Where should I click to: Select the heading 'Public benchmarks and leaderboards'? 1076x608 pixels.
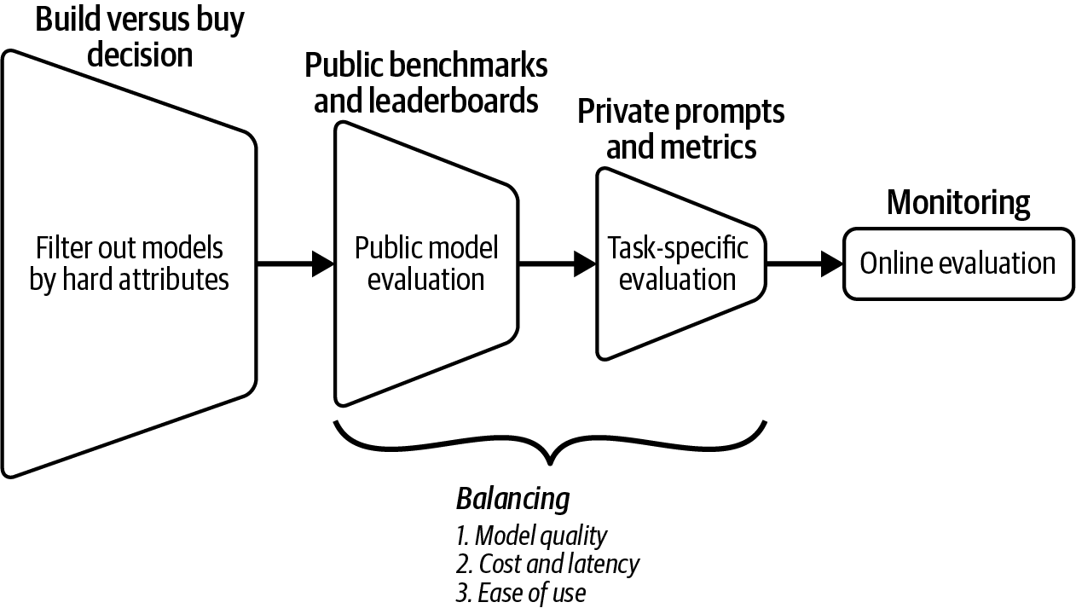pyautogui.click(x=426, y=83)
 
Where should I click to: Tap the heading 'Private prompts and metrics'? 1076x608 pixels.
pyautogui.click(x=680, y=129)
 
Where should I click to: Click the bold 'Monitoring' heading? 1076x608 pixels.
pyautogui.click(x=958, y=203)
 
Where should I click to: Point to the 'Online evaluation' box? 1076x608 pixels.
pyautogui.click(x=958, y=263)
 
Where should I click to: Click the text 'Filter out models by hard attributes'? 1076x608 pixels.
pyautogui.click(x=130, y=264)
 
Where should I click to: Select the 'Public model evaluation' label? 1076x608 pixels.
pyautogui.click(x=426, y=263)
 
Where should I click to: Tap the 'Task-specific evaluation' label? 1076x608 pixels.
pyautogui.click(x=678, y=263)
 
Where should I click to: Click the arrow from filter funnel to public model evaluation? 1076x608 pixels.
pyautogui.click(x=295, y=264)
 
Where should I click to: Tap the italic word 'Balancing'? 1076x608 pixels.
pyautogui.click(x=512, y=498)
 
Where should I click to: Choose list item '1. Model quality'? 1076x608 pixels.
pyautogui.click(x=531, y=536)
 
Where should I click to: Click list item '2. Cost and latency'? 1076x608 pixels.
pyautogui.click(x=547, y=564)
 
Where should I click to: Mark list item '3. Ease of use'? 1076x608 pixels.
pyautogui.click(x=520, y=593)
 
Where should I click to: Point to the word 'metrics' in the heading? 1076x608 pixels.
pyautogui.click(x=708, y=147)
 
